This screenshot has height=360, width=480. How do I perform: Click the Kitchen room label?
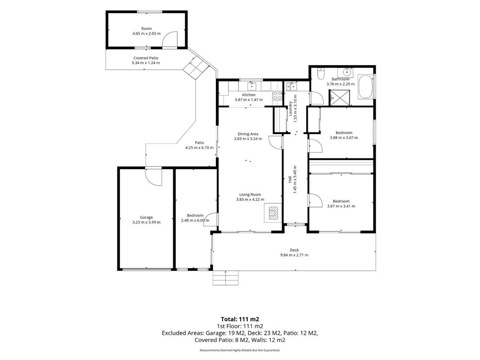coord(249,95)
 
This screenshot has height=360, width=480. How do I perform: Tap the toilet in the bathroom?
coord(320,73)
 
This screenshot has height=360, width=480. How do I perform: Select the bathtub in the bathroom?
coord(365,87)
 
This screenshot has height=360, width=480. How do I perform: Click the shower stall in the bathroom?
coord(339,98)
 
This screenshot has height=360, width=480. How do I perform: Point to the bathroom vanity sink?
coord(346,73)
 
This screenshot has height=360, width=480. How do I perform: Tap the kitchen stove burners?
coord(278,95)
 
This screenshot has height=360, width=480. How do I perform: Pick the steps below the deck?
coord(226,278)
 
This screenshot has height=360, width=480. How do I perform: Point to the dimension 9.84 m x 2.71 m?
coord(294,255)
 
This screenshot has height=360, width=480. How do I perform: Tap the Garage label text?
coord(146,217)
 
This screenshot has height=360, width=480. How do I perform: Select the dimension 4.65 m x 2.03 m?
coord(146,33)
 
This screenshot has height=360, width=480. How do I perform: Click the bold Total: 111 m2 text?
coord(240,319)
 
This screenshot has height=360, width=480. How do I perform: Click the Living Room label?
coord(250,194)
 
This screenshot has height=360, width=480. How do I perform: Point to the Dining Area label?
coord(248,134)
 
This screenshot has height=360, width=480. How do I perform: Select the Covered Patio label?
coord(146,58)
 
